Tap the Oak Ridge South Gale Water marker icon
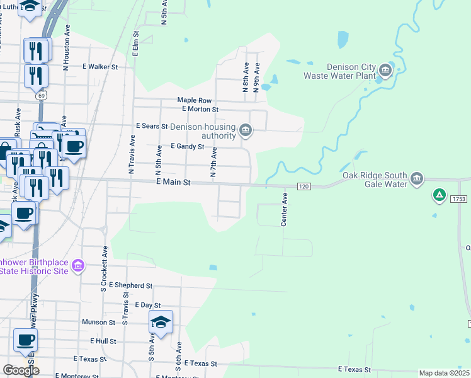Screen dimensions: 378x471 (417, 180)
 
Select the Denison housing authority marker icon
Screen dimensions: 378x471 (246, 131)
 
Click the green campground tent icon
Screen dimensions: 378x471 (438, 196)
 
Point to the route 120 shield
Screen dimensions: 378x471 (304, 187)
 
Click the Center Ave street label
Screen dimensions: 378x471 (284, 210)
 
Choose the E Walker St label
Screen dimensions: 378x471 (100, 66)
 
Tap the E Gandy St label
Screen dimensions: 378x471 (188, 146)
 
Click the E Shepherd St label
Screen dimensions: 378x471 (130, 285)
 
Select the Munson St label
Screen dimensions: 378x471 (98, 322)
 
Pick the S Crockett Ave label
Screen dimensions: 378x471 (104, 274)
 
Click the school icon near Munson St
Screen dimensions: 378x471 (161, 323)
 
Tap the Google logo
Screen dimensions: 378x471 (21, 370)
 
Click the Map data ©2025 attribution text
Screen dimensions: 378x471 (445, 373)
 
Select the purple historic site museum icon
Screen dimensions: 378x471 (78, 266)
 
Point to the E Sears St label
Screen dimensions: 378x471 (152, 126)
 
